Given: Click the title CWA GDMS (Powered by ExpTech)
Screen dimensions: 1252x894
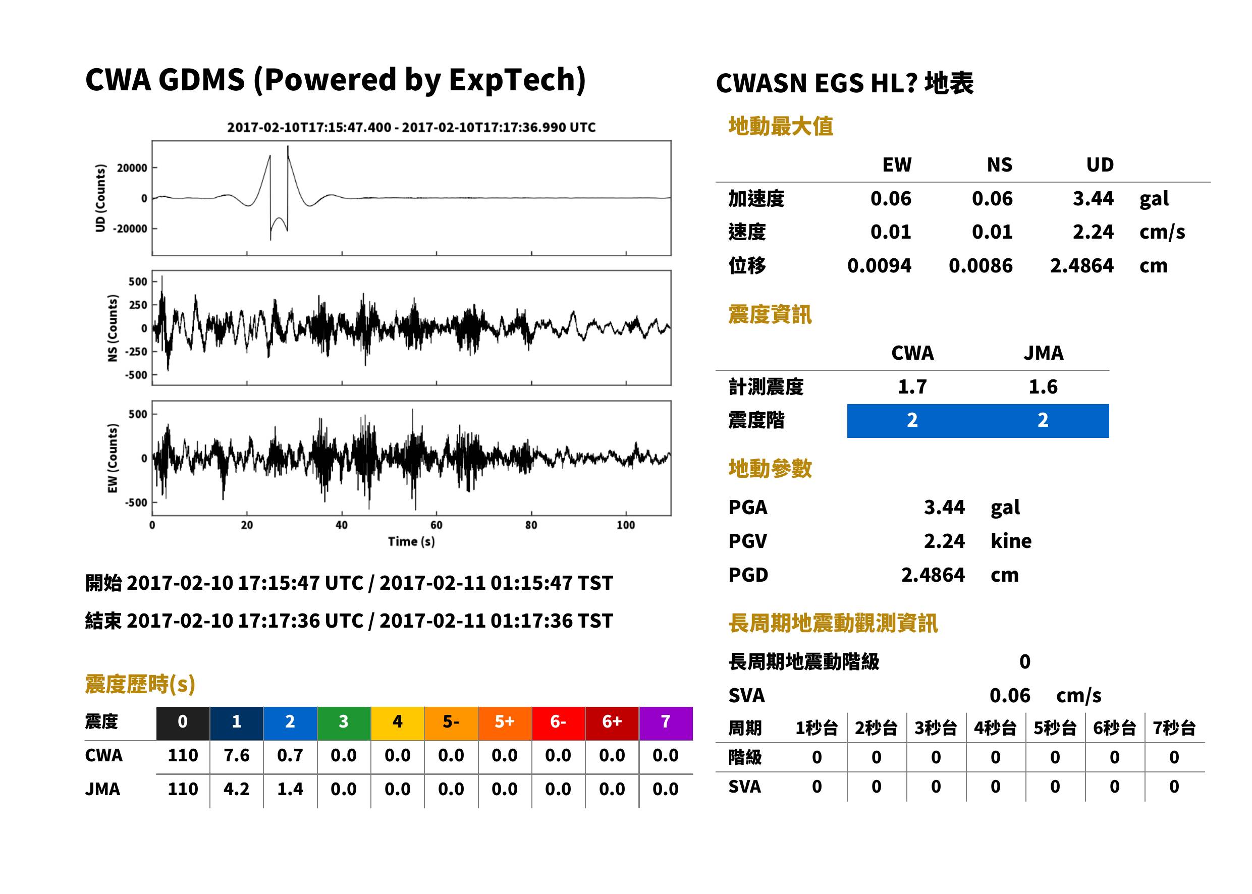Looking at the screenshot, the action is tap(335, 80).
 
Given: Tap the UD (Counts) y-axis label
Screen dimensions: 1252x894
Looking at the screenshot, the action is tap(100, 198).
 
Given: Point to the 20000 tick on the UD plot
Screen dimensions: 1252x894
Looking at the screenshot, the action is tap(132, 168).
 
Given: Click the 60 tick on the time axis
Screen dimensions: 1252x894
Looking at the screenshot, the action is tap(436, 525).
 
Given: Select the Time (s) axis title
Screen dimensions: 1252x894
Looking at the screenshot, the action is tap(411, 542).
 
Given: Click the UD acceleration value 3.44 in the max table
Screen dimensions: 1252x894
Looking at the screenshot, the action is tap(1093, 199).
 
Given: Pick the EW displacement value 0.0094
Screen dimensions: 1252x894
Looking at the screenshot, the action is tap(879, 266).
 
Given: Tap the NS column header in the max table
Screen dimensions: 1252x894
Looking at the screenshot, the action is tap(999, 165).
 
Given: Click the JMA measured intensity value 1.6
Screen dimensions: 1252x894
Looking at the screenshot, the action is tap(1043, 387).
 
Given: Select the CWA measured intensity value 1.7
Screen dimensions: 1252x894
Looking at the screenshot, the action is tap(912, 387).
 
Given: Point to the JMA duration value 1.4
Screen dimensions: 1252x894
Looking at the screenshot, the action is tap(290, 790).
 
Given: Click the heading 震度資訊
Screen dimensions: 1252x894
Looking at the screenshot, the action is tap(770, 315).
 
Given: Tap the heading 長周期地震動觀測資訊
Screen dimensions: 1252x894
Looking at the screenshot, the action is tap(833, 623).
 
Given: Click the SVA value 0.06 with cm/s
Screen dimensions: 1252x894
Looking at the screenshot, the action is tap(1010, 696).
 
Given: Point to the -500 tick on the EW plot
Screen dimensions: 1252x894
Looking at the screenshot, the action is tap(135, 502).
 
